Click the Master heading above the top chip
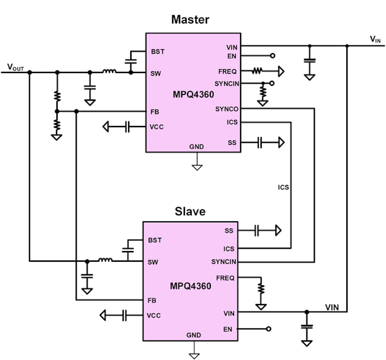pyautogui.click(x=190, y=20)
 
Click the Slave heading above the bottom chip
pyautogui.click(x=190, y=211)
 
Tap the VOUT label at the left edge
pyautogui.click(x=15, y=67)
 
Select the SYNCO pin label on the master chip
pyautogui.click(x=227, y=109)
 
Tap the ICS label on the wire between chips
pyautogui.click(x=284, y=187)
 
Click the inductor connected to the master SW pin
pyautogui.click(x=109, y=72)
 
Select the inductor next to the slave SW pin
pyautogui.click(x=105, y=260)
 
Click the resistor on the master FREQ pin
pyautogui.click(x=258, y=71)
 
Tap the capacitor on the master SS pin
pyautogui.click(x=259, y=143)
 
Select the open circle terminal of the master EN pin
pyautogui.click(x=272, y=56)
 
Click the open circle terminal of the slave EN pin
pyautogui.click(x=268, y=329)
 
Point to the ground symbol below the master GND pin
pyautogui.click(x=197, y=167)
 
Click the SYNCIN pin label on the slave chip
pyautogui.click(x=224, y=262)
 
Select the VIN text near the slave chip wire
pyautogui.click(x=332, y=307)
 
